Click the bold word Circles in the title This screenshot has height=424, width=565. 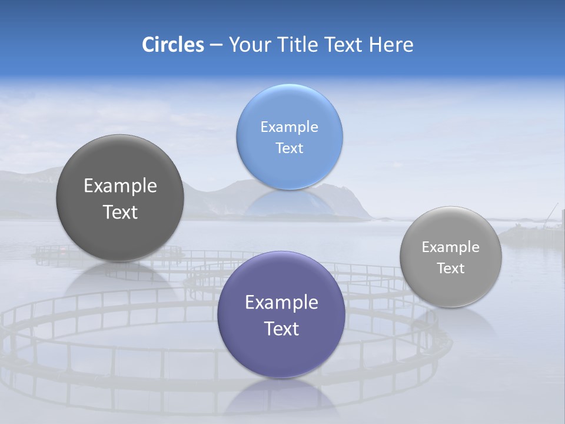[x=172, y=45]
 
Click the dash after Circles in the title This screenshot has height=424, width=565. [x=216, y=45]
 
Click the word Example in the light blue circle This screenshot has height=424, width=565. [x=290, y=127]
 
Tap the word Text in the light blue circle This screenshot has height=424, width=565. [x=290, y=148]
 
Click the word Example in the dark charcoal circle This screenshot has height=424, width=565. [x=120, y=186]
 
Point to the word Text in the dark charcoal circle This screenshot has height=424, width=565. [x=120, y=212]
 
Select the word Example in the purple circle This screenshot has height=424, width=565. [x=281, y=303]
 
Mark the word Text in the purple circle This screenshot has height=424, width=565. [x=281, y=329]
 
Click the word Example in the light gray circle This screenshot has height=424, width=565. [x=451, y=247]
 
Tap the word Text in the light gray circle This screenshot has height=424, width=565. [x=451, y=269]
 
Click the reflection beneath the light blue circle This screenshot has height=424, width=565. [x=290, y=203]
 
